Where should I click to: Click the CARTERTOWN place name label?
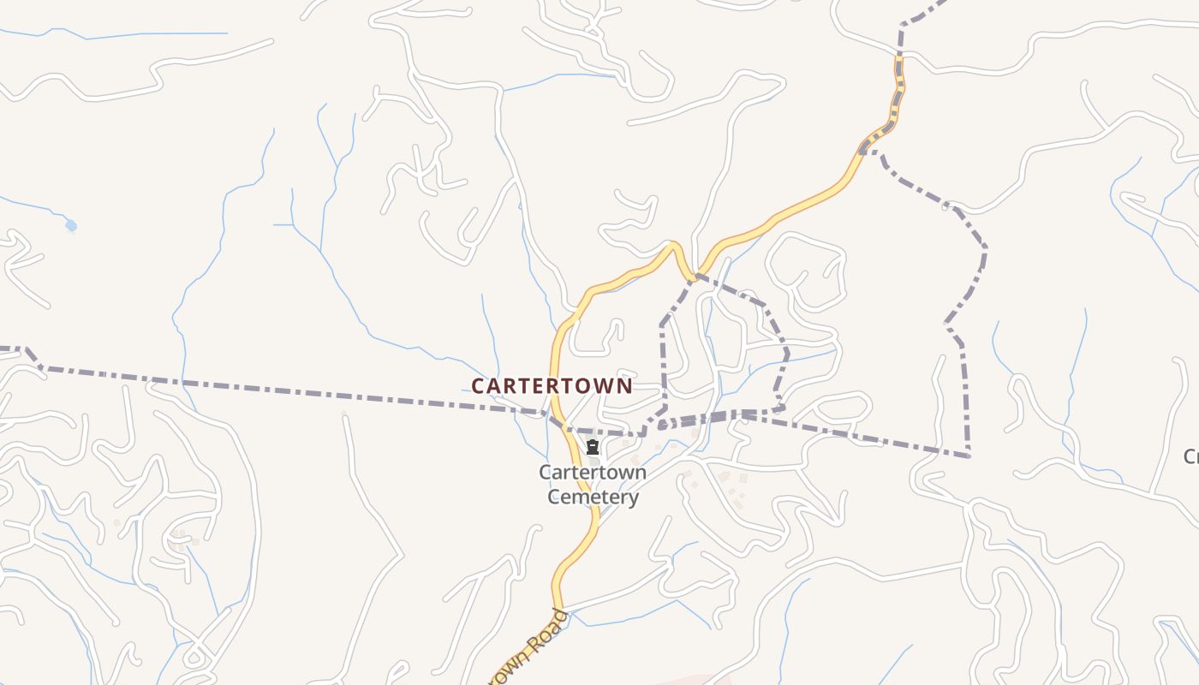(x=552, y=386)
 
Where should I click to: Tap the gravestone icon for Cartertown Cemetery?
(x=592, y=447)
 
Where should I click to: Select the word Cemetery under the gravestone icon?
(x=593, y=497)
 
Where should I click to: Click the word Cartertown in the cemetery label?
(x=593, y=473)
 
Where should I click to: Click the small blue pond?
(x=70, y=225)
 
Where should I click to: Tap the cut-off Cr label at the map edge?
(x=1190, y=456)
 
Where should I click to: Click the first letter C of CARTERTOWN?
(x=478, y=386)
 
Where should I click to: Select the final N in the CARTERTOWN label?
(x=624, y=386)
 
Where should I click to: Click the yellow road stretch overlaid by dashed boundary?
(x=897, y=94)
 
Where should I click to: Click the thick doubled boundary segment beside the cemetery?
(x=702, y=419)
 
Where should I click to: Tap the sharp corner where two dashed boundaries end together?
(x=969, y=456)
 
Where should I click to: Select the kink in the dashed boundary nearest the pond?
(x=28, y=351)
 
